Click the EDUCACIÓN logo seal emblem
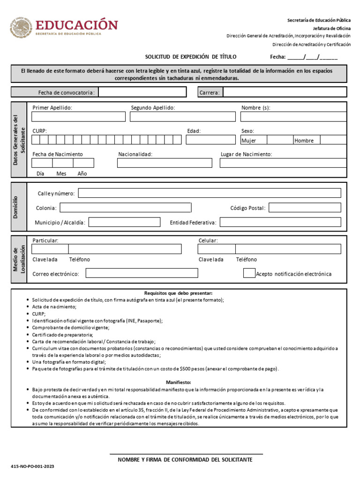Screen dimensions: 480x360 tap(21, 28)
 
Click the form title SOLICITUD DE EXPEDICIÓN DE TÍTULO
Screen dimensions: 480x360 tap(191, 57)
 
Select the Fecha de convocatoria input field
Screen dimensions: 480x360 tap(145, 92)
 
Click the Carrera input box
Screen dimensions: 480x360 tap(285, 92)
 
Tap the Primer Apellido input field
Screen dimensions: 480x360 tap(78, 117)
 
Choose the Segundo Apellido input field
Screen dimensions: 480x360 tap(183, 117)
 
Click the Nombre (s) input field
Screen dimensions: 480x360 tap(293, 117)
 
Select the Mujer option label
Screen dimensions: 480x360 tap(248, 141)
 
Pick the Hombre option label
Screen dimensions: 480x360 tap(304, 141)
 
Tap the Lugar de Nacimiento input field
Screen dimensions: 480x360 tap(283, 163)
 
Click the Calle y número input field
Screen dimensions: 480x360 tap(210, 193)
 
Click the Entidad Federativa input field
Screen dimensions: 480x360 tap(280, 222)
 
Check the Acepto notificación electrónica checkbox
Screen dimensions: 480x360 tap(249, 273)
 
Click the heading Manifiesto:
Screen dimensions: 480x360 tap(179, 382)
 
